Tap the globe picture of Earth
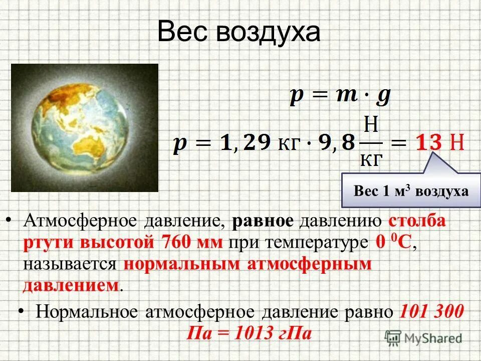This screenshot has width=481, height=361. [84, 128]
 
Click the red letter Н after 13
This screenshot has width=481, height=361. [456, 143]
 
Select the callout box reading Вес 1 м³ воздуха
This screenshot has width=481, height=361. [411, 191]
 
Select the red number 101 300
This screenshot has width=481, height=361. [432, 312]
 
